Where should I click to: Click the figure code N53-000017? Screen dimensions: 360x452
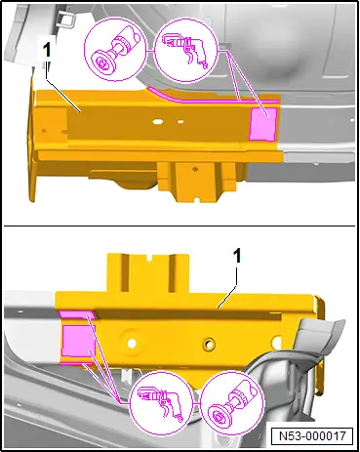coord(312,435)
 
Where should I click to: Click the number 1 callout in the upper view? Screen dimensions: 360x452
coord(47,51)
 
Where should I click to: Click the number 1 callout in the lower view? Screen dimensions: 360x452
coord(238,257)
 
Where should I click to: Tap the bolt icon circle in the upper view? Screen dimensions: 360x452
coord(115,50)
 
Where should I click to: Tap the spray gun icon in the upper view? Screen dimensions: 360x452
coord(185,51)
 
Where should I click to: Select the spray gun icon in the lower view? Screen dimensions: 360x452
coord(161,403)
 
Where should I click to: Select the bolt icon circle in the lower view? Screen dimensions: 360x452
coord(232,403)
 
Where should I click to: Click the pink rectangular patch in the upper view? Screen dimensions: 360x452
coord(262,124)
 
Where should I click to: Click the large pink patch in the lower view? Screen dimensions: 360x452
coord(77,340)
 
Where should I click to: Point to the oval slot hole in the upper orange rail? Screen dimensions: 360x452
coord(159,122)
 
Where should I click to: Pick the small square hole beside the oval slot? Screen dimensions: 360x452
coord(180,122)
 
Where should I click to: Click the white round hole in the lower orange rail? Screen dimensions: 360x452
coord(132,343)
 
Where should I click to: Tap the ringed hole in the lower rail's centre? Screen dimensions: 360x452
coord(208,344)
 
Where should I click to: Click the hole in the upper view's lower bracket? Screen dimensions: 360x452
coord(195,169)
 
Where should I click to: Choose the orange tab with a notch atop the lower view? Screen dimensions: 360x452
coord(148,272)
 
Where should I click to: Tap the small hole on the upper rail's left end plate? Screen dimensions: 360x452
coord(44,131)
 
